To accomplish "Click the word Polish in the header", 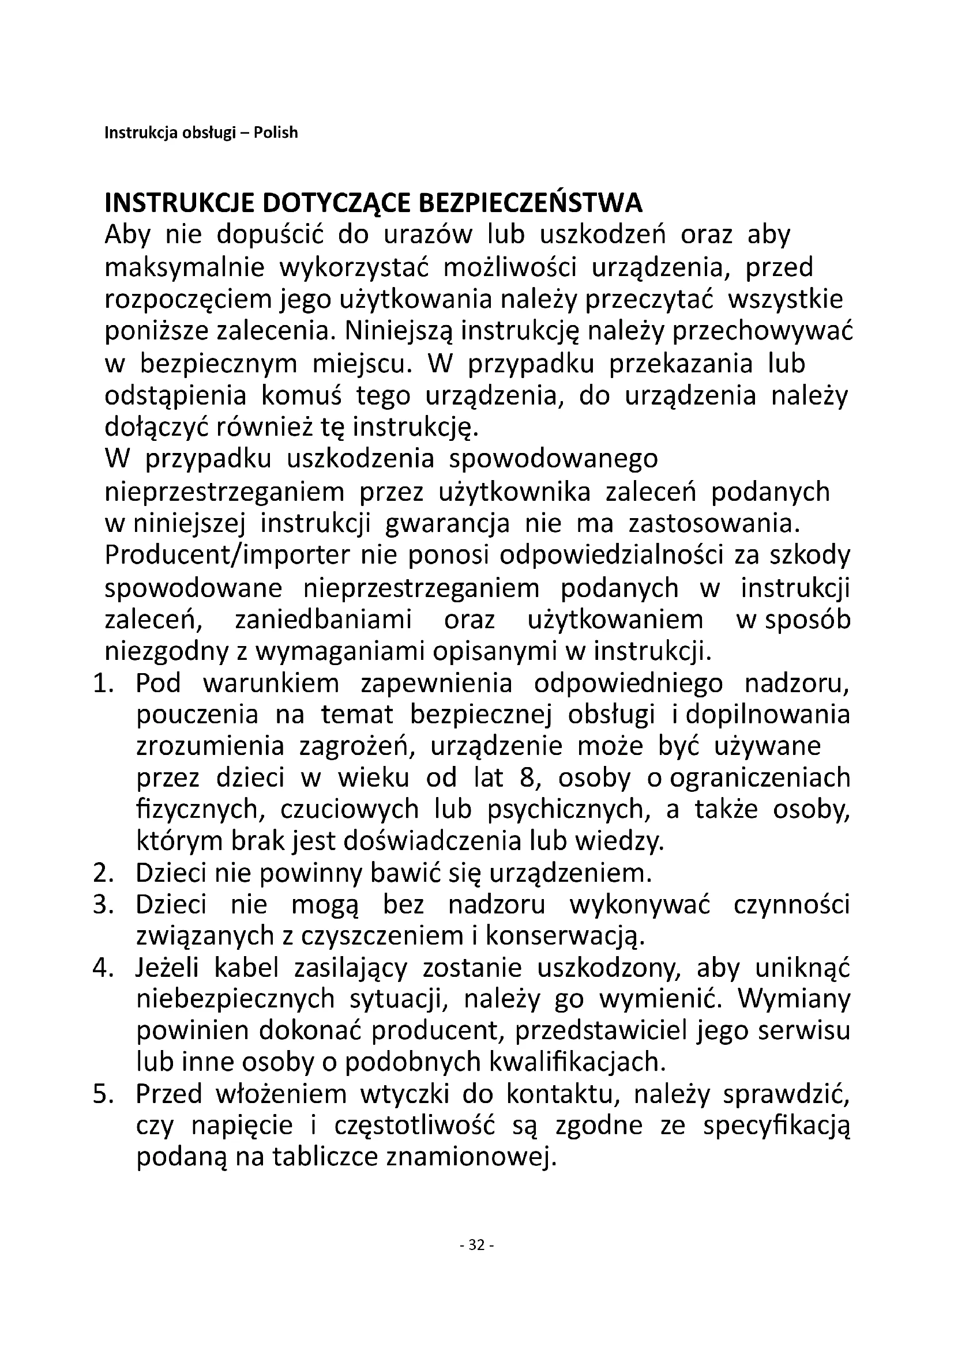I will pyautogui.click(x=276, y=133).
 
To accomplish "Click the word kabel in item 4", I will pyautogui.click(x=246, y=969).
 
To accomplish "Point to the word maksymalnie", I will pyautogui.click(x=185, y=269).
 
